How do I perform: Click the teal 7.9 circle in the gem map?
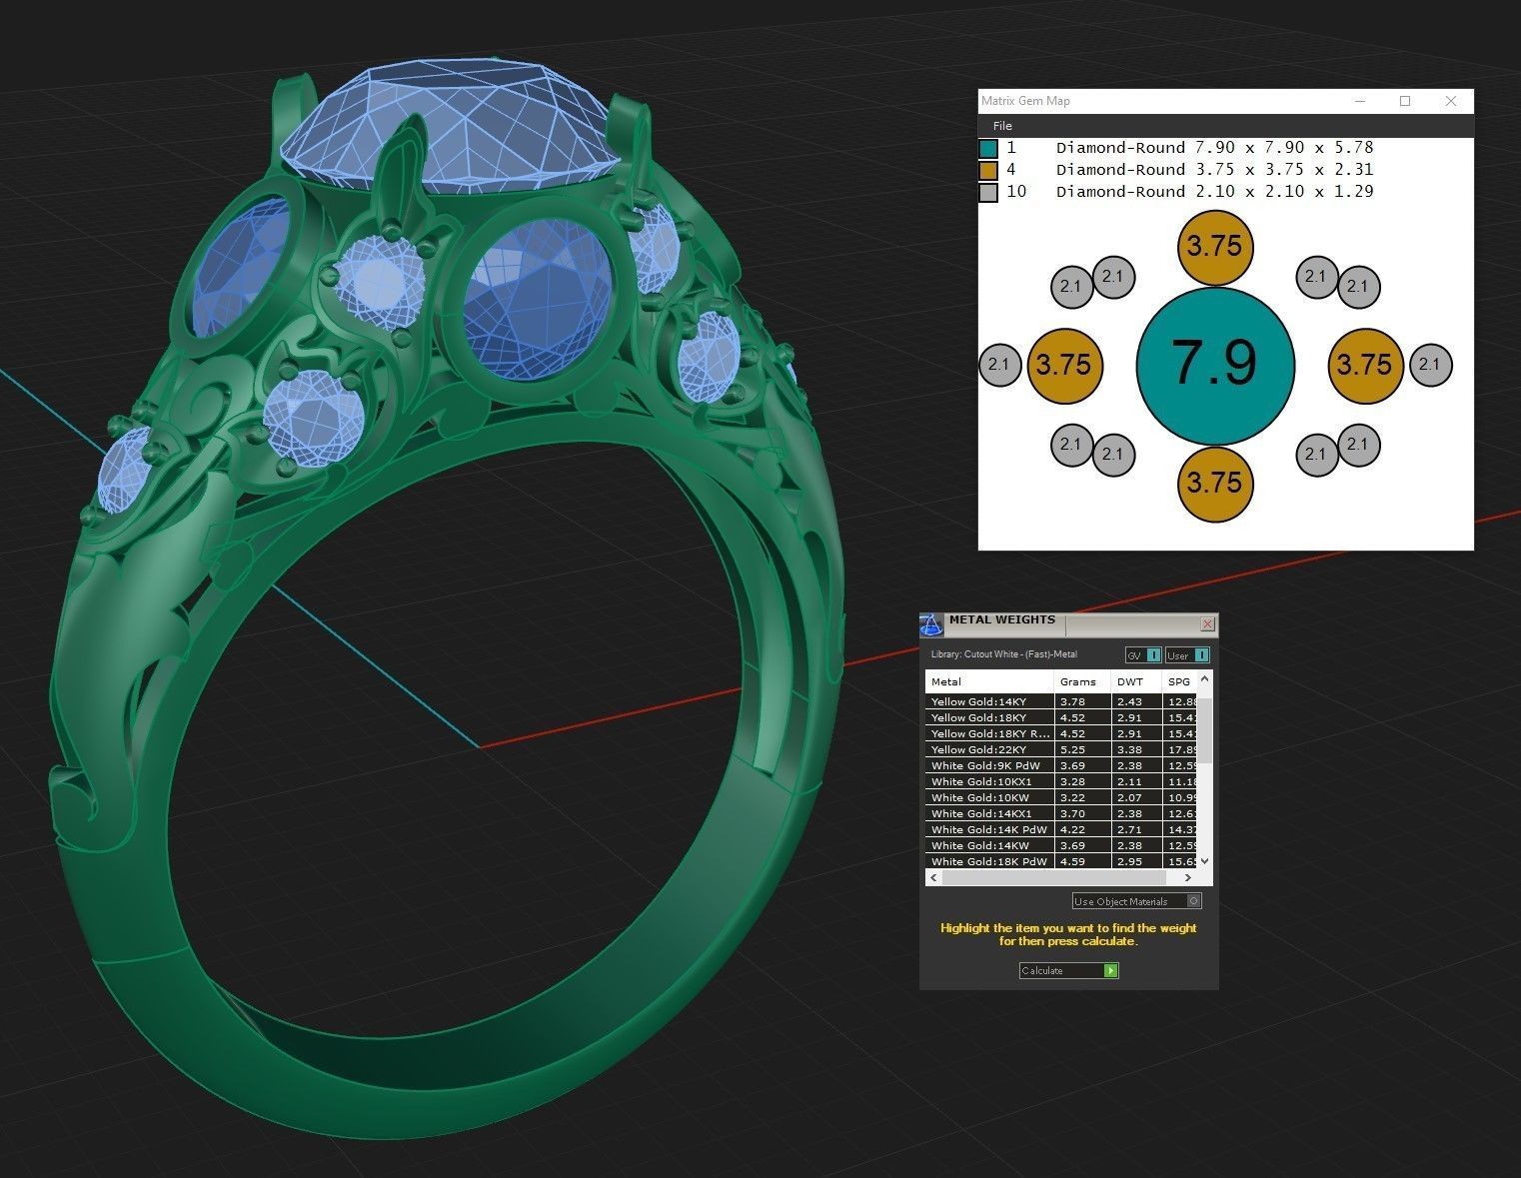pyautogui.click(x=1215, y=366)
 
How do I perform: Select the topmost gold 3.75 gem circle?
pyautogui.click(x=1214, y=247)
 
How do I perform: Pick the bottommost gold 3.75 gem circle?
pyautogui.click(x=1214, y=484)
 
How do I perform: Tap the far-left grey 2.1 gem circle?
pyautogui.click(x=998, y=365)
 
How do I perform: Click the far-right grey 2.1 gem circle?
pyautogui.click(x=1430, y=365)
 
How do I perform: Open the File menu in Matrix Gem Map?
pyautogui.click(x=1002, y=126)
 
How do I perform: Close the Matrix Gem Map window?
pyautogui.click(x=1451, y=101)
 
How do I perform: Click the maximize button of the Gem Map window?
pyautogui.click(x=1405, y=101)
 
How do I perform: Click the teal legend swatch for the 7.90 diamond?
pyautogui.click(x=988, y=149)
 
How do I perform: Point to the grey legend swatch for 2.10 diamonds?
pyautogui.click(x=988, y=193)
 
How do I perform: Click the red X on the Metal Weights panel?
pyautogui.click(x=1207, y=624)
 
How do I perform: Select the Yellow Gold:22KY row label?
pyautogui.click(x=978, y=749)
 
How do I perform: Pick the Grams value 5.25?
pyautogui.click(x=1072, y=749)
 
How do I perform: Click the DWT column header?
pyautogui.click(x=1130, y=681)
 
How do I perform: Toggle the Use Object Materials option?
pyautogui.click(x=1195, y=901)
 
